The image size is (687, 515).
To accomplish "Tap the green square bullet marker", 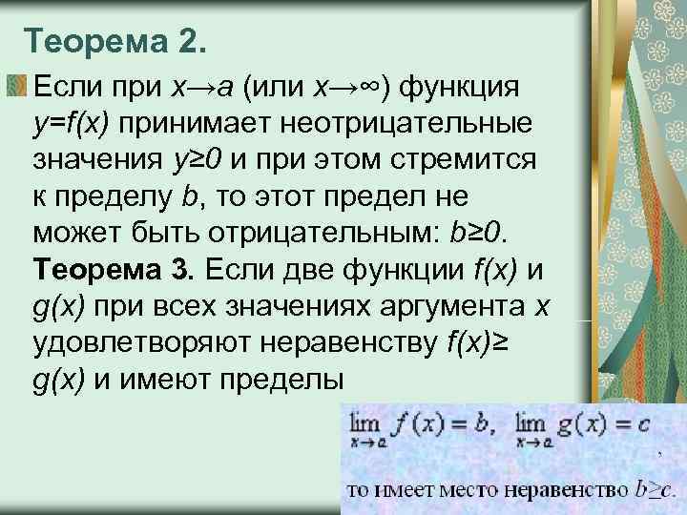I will (x=16, y=87).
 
